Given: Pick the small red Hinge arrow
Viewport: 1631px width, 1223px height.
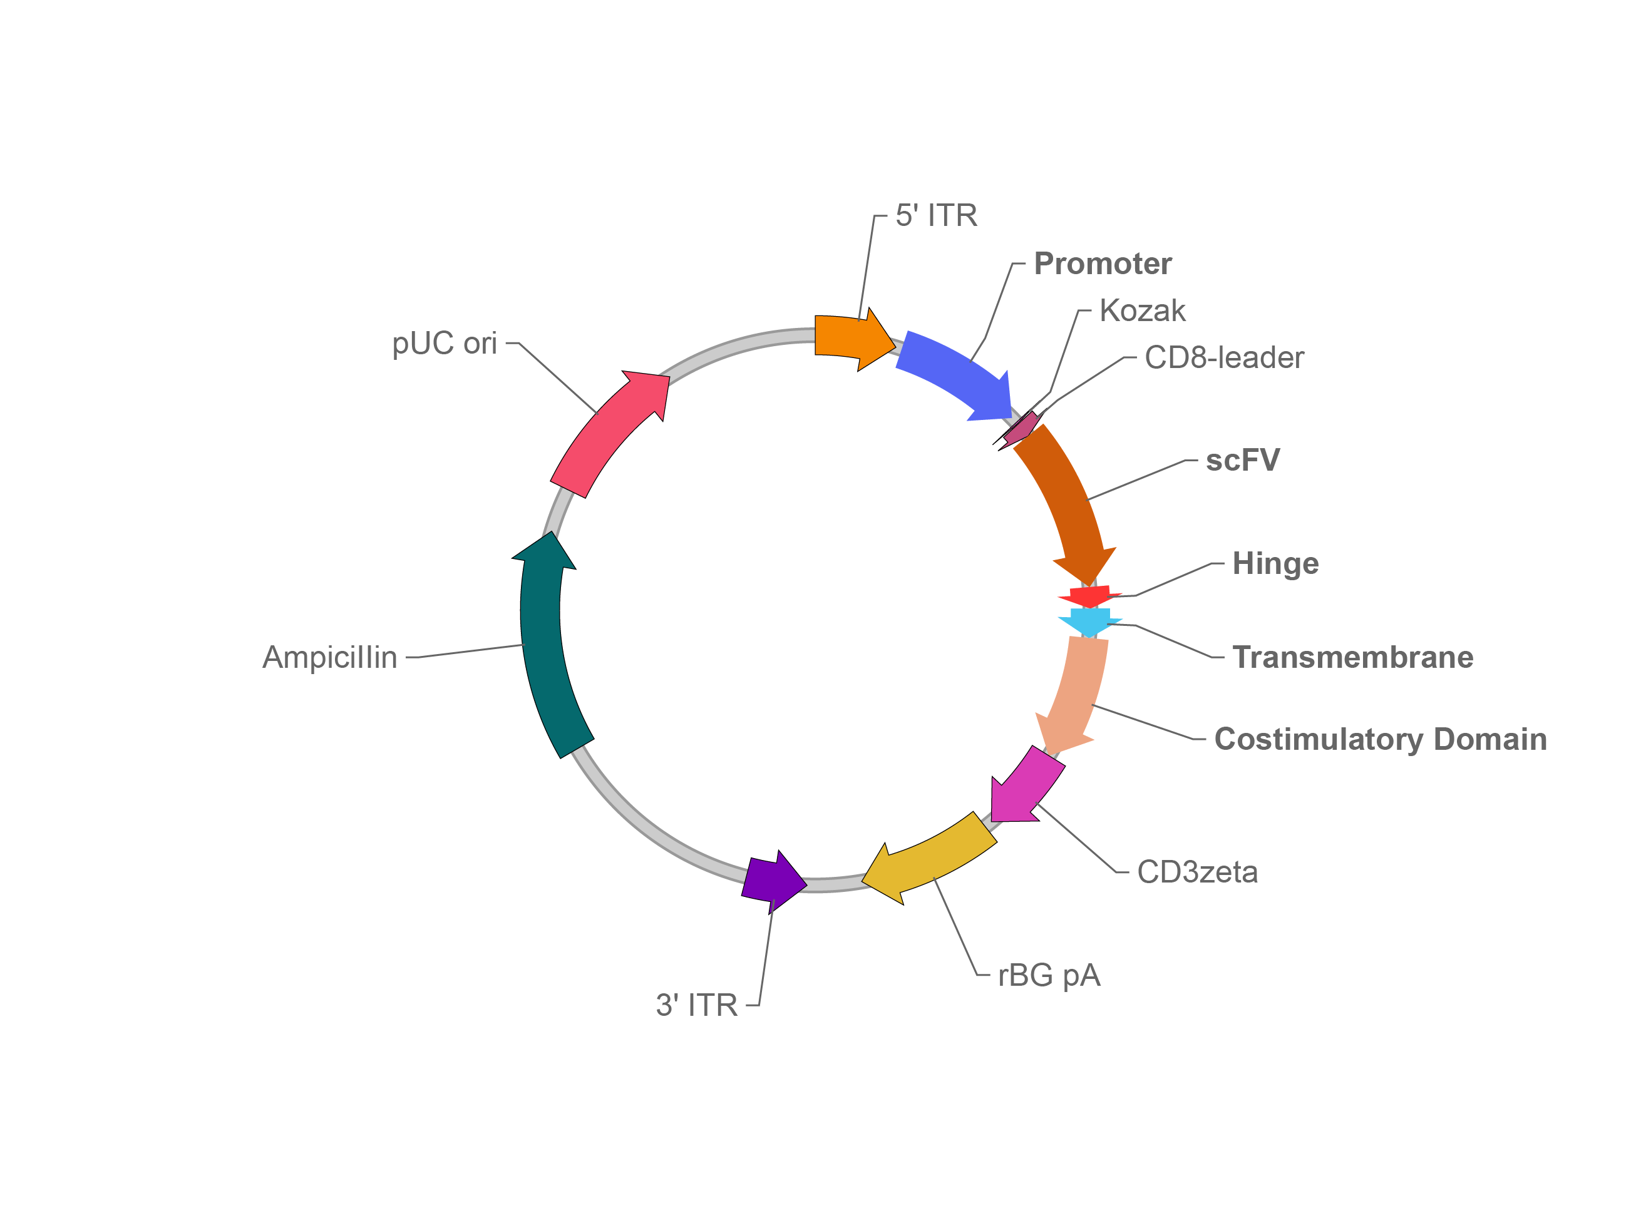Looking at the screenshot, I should (1089, 595).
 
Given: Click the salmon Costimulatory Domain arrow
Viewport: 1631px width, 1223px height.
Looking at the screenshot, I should (1076, 693).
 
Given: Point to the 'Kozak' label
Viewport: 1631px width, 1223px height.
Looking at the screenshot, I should (1142, 310).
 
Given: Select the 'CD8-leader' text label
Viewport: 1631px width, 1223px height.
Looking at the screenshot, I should (1224, 357).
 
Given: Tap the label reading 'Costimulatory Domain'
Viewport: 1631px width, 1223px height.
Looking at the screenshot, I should (1381, 739).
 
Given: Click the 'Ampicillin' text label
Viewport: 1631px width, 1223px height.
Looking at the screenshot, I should (329, 657).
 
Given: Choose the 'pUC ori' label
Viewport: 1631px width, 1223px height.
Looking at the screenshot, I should (445, 343).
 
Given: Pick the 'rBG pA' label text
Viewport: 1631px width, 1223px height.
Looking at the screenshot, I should (1049, 975).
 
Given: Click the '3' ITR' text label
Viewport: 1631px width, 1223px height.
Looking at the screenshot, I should (697, 1005).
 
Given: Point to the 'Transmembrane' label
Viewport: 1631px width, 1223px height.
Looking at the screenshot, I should (1353, 657).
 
